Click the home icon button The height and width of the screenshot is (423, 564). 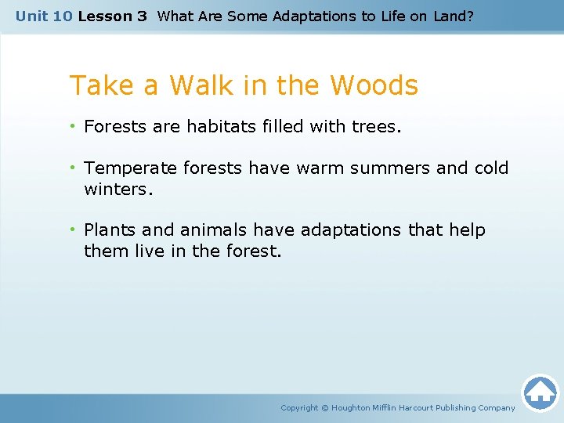(x=540, y=392)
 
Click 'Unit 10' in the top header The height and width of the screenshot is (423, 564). (x=44, y=16)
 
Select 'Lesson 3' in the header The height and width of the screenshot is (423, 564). (x=112, y=16)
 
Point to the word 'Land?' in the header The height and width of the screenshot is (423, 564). (x=454, y=16)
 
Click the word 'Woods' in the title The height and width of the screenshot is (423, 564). (x=374, y=85)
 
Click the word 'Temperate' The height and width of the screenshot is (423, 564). (x=125, y=168)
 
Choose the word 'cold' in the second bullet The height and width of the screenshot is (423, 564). (x=491, y=168)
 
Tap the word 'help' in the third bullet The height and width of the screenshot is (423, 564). (x=468, y=230)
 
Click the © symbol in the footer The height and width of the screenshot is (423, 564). (x=325, y=408)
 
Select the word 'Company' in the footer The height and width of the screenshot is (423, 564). (x=494, y=408)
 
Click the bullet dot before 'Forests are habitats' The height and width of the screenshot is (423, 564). (x=74, y=126)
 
